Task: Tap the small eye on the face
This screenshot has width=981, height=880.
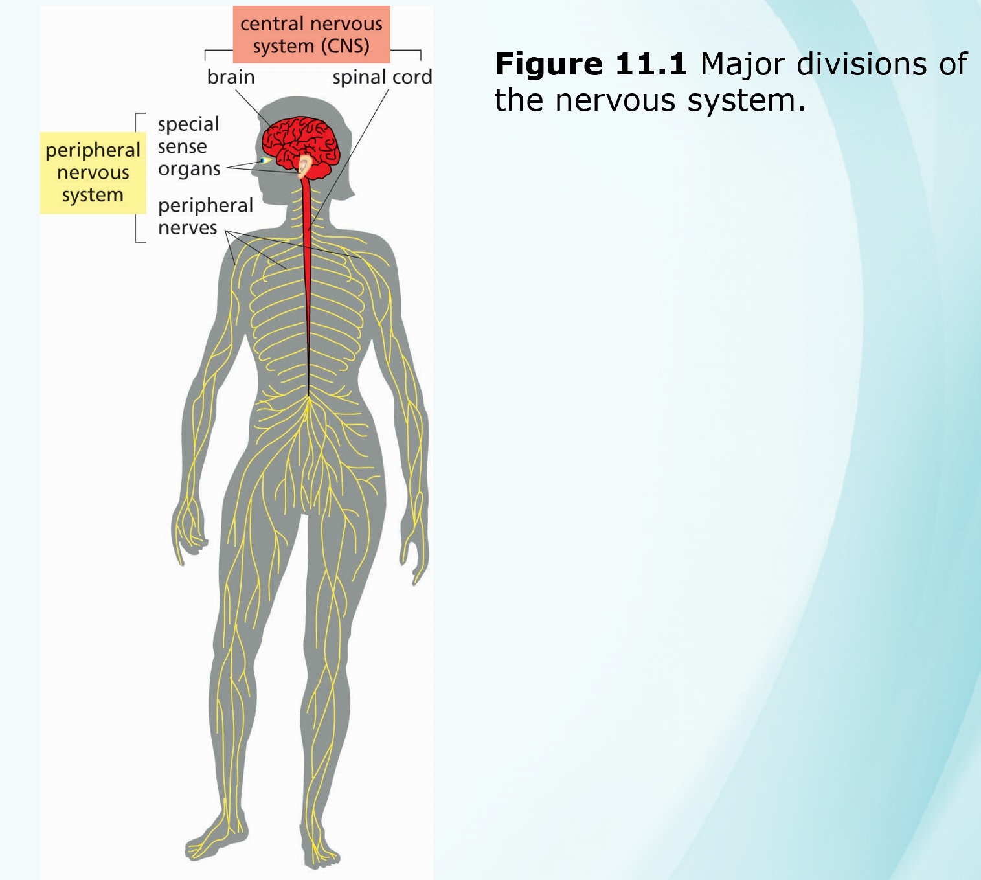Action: pyautogui.click(x=263, y=160)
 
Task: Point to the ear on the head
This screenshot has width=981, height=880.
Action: pyautogui.click(x=304, y=167)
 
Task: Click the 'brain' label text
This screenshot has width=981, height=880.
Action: pyautogui.click(x=231, y=77)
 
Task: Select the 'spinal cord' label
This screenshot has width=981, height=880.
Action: pyautogui.click(x=381, y=77)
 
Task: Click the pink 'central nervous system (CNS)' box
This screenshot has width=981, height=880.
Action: pyautogui.click(x=311, y=34)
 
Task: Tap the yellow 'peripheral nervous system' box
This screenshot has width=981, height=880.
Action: pyautogui.click(x=93, y=172)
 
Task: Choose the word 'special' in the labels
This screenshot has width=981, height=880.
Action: pyautogui.click(x=188, y=124)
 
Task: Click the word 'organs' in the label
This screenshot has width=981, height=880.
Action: pyautogui.click(x=189, y=170)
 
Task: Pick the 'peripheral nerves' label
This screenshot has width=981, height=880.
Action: pyautogui.click(x=205, y=216)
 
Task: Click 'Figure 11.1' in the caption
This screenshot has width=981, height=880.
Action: pyautogui.click(x=590, y=64)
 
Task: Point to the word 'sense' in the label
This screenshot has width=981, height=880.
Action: pyautogui.click(x=182, y=147)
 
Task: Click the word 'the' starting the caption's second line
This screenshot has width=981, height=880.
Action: pyautogui.click(x=519, y=101)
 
